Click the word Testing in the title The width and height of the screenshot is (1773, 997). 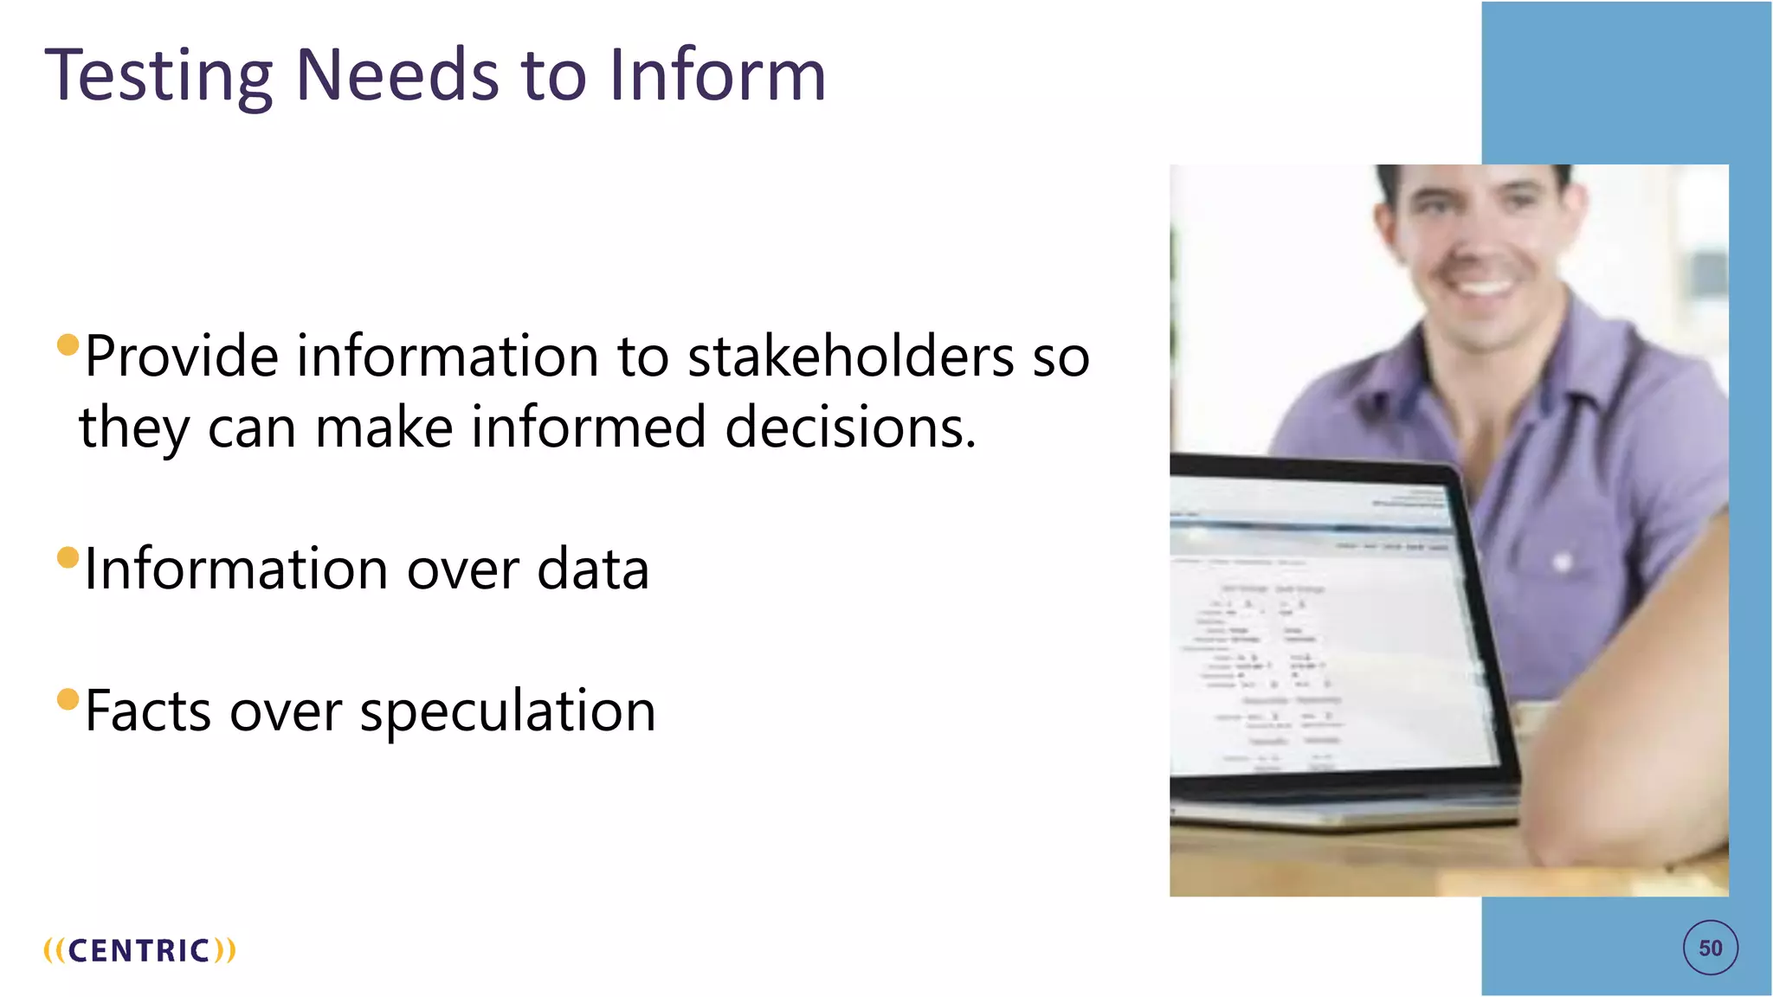tap(158, 76)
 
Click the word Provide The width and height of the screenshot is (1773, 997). tap(182, 357)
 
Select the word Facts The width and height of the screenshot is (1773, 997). tap(147, 711)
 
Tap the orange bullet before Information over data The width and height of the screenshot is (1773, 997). tap(68, 557)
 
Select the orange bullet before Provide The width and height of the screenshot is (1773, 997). tap(68, 345)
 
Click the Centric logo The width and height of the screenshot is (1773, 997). tap(139, 950)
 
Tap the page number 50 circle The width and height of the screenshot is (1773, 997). tap(1710, 949)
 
